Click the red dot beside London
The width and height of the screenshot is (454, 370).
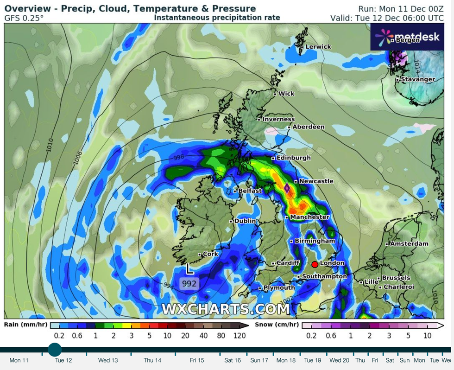coord(315,264)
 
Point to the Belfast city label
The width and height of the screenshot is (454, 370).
coord(250,191)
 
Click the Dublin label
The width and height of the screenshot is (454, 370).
coord(245,221)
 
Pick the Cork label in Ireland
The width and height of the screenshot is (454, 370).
coord(210,254)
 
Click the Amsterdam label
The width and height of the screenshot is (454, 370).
coord(409,243)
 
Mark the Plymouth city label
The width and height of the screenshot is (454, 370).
coord(279,288)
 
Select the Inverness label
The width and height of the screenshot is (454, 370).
coord(278,119)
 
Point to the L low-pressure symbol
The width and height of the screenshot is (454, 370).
coord(189,268)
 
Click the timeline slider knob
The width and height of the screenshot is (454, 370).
coord(55,350)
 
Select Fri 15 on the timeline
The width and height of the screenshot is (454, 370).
coord(197,360)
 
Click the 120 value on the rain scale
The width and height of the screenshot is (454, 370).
coord(240,336)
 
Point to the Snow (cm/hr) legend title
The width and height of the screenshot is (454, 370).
coord(277,325)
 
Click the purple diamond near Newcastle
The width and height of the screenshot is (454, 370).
coord(287,188)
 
